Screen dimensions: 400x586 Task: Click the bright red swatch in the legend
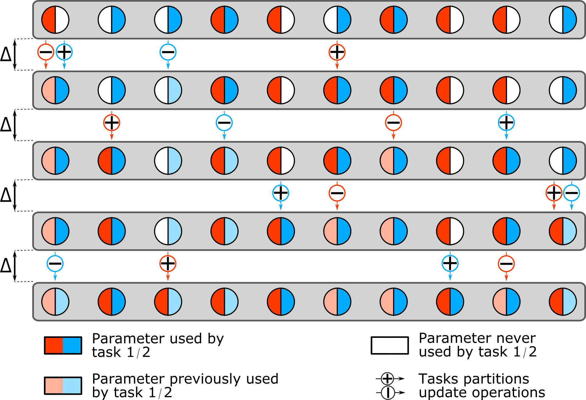pos(54,345)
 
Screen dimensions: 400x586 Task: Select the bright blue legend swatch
pos(72,345)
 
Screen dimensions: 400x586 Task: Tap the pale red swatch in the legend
pos(54,386)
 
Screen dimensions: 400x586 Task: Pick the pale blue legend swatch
pos(72,386)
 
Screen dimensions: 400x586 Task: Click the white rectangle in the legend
pos(390,345)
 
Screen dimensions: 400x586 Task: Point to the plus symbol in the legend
pos(387,379)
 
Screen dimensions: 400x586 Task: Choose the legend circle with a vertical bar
pos(388,393)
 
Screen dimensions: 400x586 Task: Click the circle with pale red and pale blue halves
pos(55,302)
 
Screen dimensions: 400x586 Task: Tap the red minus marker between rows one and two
pos(46,52)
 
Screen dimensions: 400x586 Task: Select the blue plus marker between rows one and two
pos(64,52)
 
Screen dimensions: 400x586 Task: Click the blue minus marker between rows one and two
pos(168,52)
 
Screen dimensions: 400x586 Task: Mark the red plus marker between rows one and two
pos(337,52)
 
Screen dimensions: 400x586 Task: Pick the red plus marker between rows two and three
pos(112,123)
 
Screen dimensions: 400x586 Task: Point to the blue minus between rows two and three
pos(224,123)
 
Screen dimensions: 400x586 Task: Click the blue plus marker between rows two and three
pos(506,123)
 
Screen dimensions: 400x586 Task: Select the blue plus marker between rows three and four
pos(281,193)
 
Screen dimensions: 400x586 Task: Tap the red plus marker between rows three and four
pos(554,193)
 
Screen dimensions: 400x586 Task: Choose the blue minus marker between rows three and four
pos(572,193)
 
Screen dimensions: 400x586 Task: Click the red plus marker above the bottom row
pos(168,264)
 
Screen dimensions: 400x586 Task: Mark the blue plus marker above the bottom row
pos(450,264)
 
